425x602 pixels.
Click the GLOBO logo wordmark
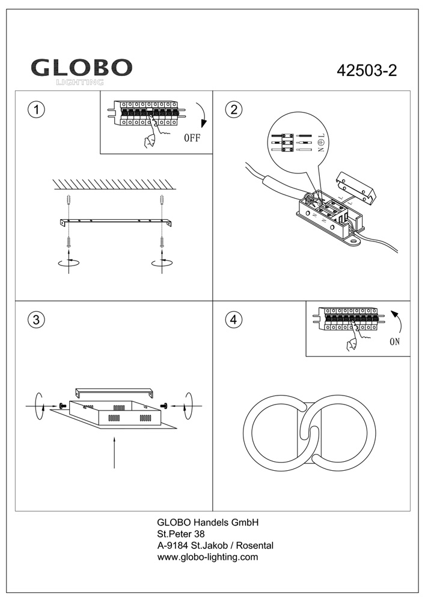82,67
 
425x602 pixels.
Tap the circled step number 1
37,110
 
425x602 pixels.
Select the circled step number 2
233,110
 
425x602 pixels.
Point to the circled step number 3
37,320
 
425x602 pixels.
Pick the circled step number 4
233,320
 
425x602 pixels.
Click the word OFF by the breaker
192,137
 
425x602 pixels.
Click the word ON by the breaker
394,342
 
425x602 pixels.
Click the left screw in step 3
62,406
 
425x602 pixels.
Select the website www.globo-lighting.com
207,557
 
